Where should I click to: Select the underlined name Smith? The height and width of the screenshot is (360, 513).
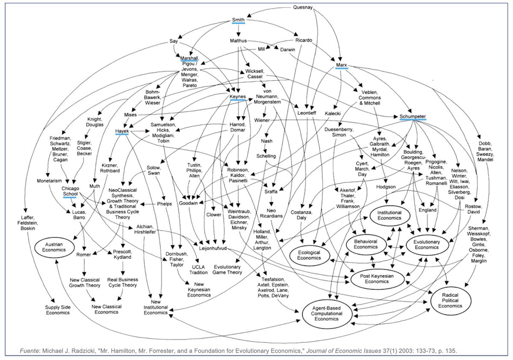(238, 20)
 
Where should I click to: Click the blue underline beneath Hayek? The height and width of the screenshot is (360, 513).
(121, 135)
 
